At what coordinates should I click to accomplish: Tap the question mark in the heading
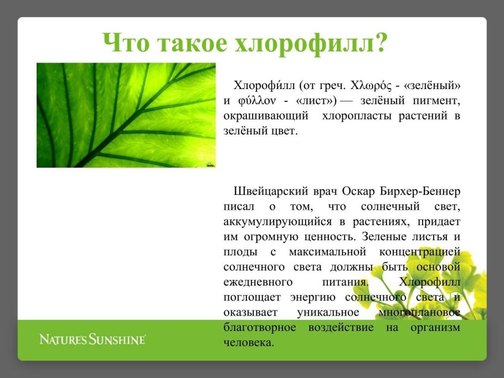click(x=379, y=43)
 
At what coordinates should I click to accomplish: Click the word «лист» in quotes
click(x=316, y=101)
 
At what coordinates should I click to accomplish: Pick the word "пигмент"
click(x=437, y=101)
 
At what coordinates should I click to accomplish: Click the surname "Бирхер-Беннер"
click(x=420, y=192)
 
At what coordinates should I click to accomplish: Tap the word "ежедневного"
click(x=258, y=282)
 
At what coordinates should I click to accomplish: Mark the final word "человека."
click(x=249, y=342)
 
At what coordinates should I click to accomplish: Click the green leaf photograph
click(x=126, y=115)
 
